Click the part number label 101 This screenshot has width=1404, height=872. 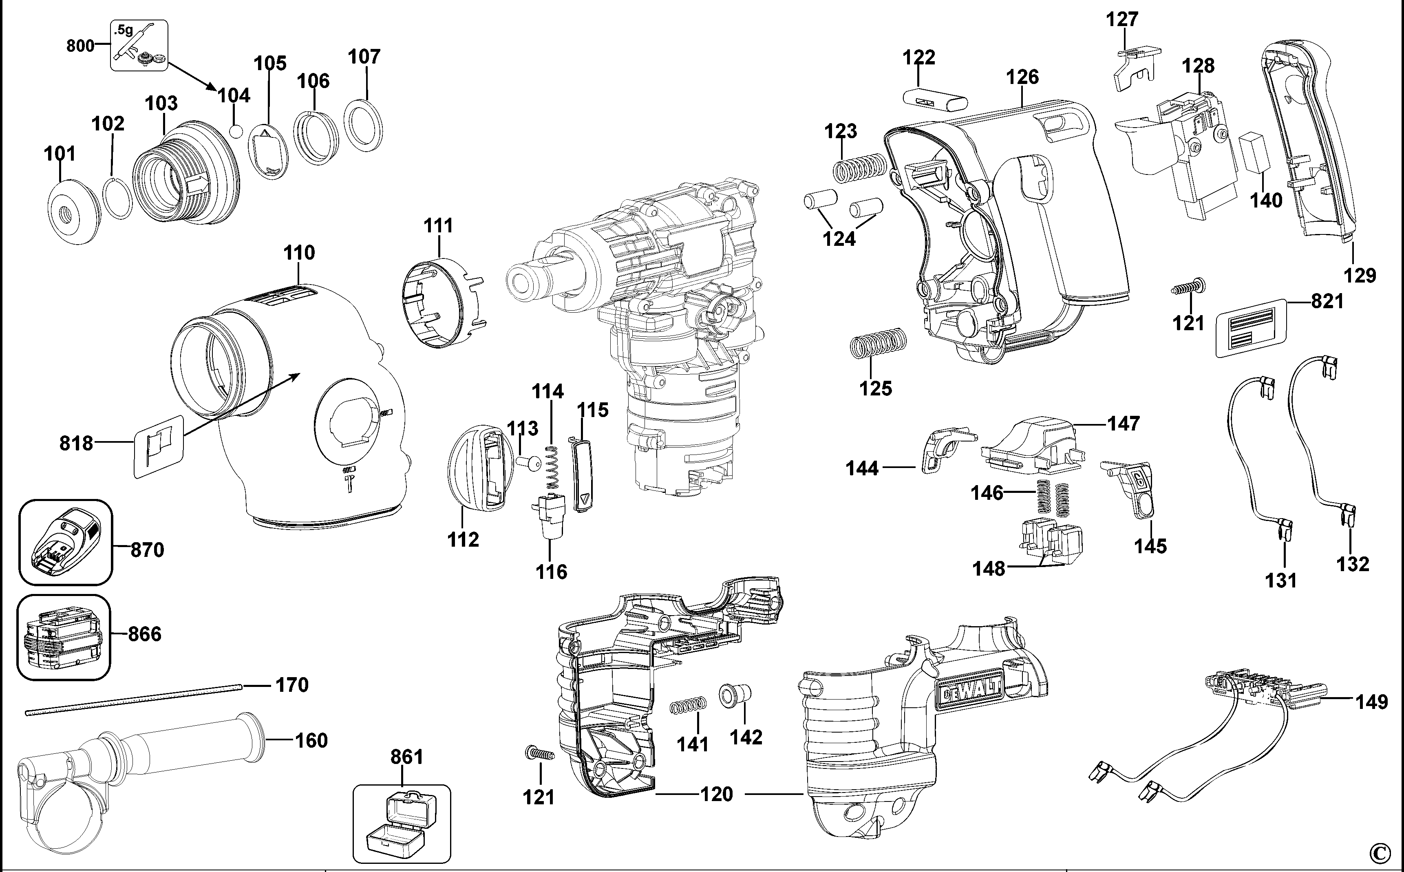coord(60,154)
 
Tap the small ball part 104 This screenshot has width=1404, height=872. coord(236,131)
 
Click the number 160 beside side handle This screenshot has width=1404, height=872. coord(311,740)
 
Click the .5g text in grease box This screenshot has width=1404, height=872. coord(124,29)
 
